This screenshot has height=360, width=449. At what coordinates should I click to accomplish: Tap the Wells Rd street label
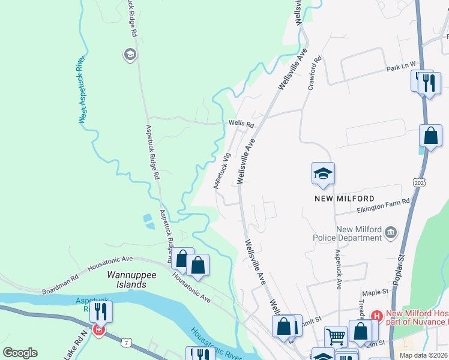coord(241,124)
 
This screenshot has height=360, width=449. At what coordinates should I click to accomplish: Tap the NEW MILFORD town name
coord(344,198)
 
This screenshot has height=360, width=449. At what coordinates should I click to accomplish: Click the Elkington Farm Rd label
coord(383,205)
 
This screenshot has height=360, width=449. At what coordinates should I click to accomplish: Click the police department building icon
coord(391,232)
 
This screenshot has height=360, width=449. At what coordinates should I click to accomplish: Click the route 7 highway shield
coord(125,342)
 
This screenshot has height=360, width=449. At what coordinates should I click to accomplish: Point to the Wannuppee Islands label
coord(127,279)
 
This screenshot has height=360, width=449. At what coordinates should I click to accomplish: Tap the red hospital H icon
coord(377,315)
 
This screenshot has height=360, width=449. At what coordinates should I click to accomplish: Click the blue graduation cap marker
coord(323,174)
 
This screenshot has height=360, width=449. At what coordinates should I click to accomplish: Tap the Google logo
coord(20,353)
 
